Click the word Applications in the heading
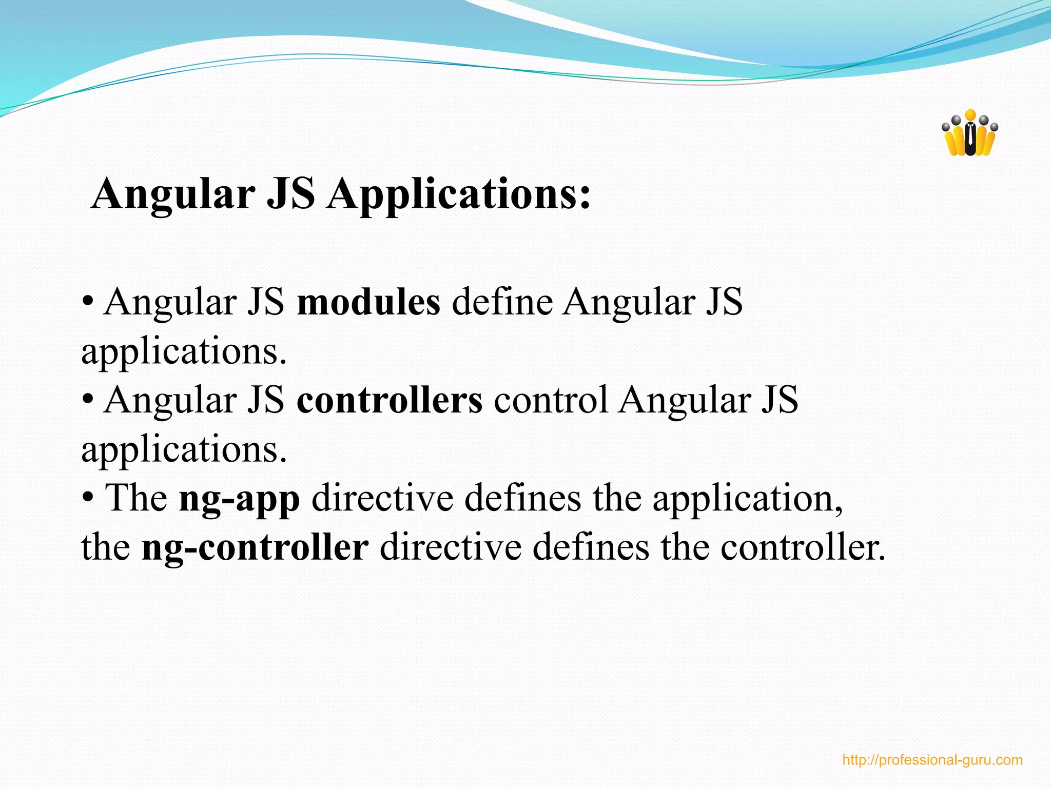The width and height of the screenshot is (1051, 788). tap(459, 195)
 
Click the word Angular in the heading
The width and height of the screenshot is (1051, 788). tap(173, 195)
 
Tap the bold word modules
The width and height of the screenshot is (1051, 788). tap(368, 302)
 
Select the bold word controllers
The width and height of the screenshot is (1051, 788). tap(390, 401)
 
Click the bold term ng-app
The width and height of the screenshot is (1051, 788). tap(239, 499)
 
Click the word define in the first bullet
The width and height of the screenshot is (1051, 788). tap(502, 302)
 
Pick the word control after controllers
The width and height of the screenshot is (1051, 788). tap(550, 401)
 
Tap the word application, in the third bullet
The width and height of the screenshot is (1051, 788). tap(747, 499)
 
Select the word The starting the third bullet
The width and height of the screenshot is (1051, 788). tap(136, 499)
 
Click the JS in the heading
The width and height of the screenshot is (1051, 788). tap(290, 195)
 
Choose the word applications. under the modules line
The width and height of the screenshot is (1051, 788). tap(184, 352)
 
